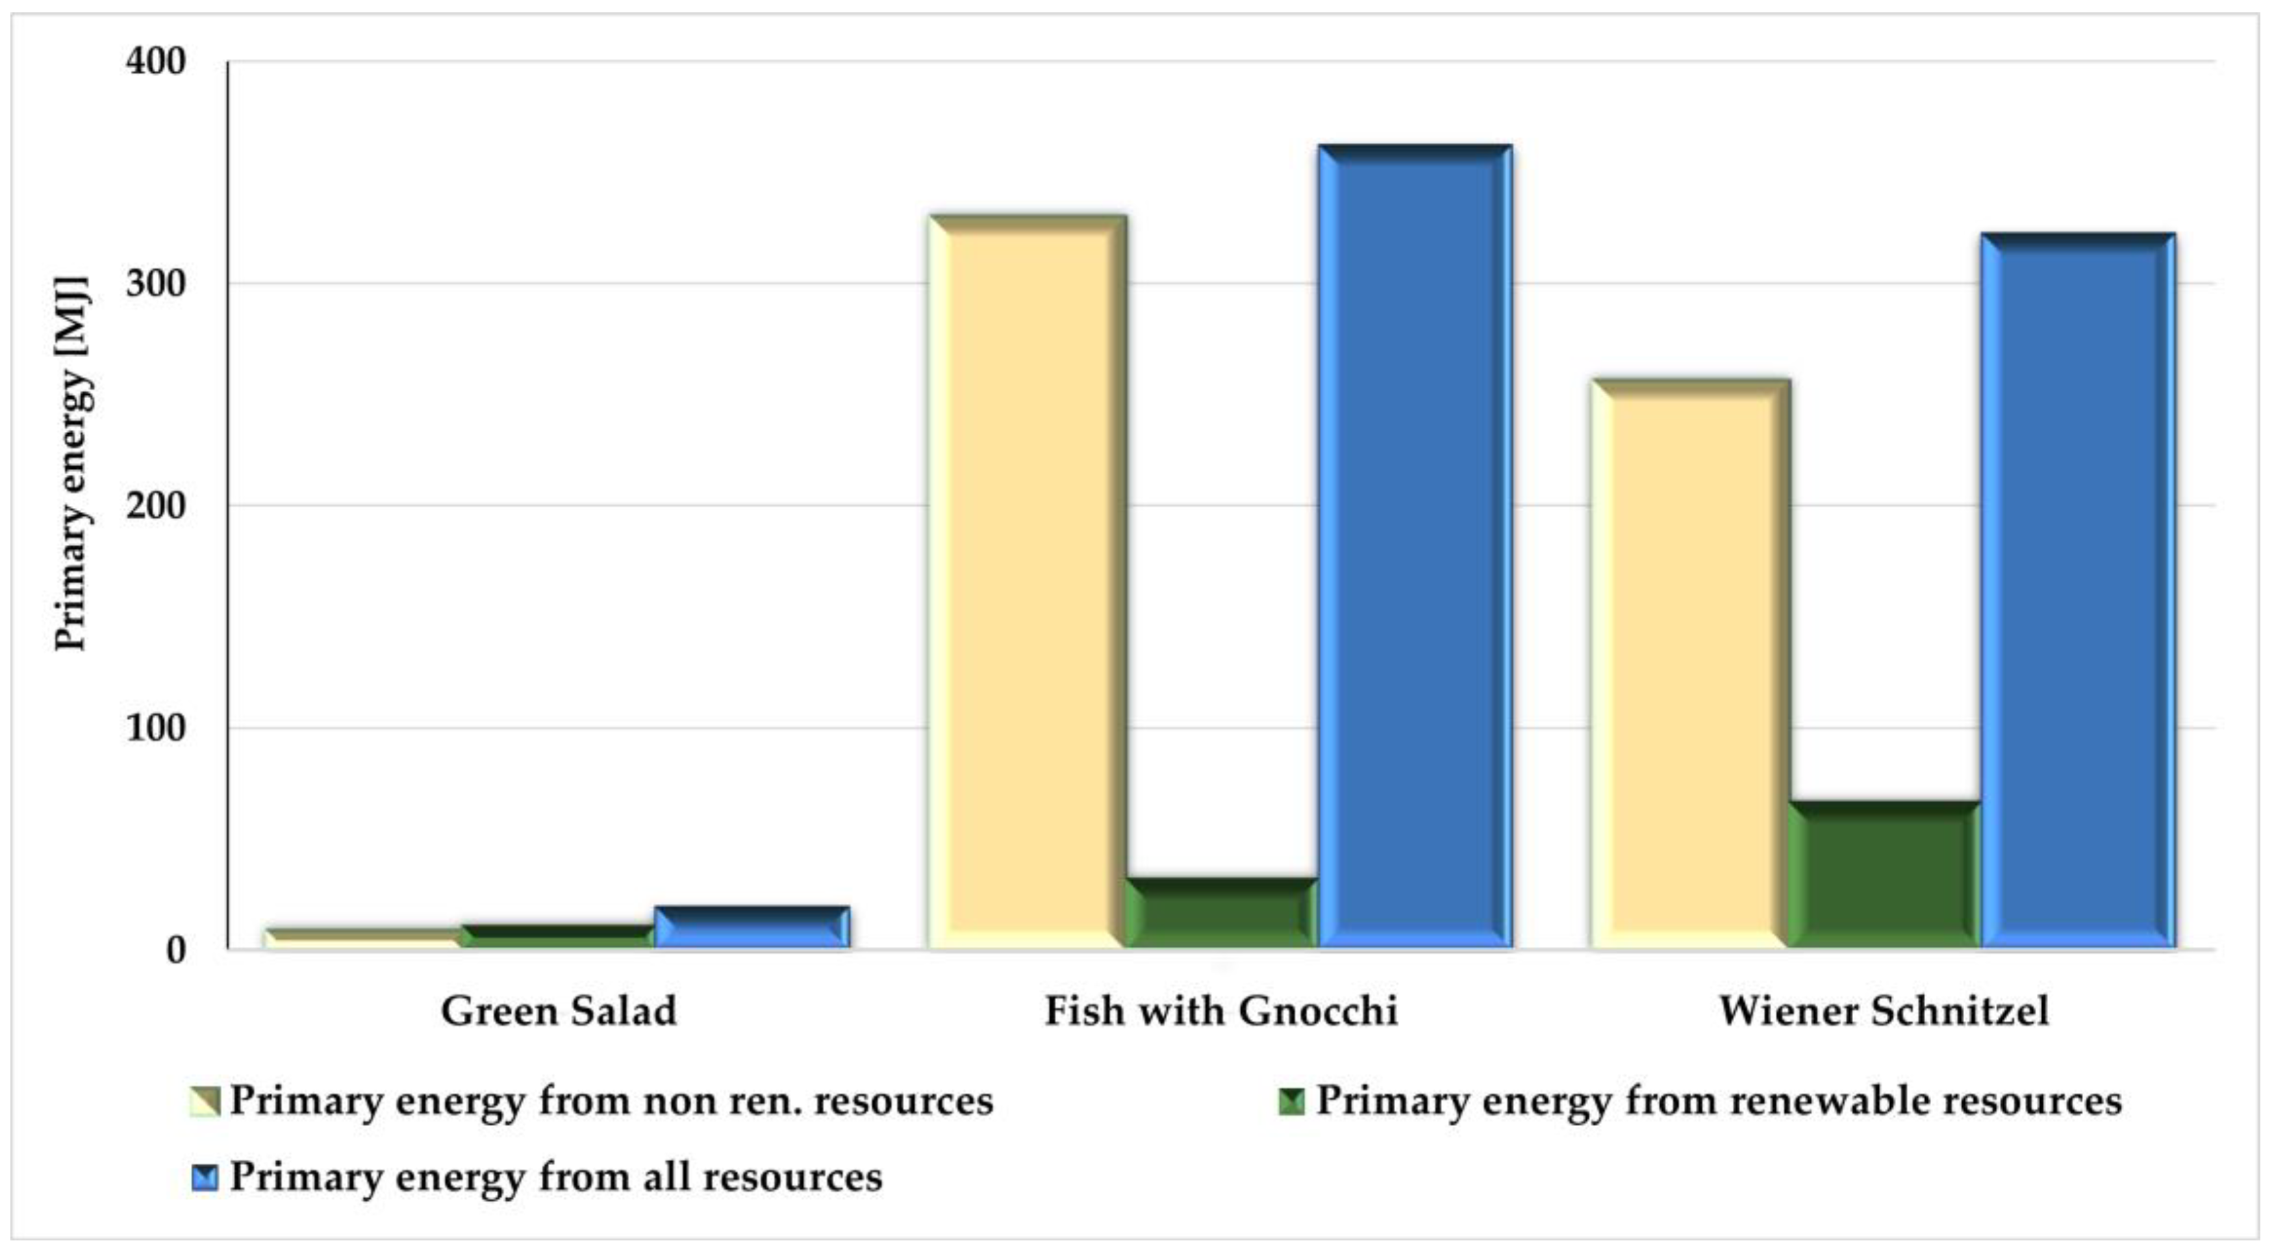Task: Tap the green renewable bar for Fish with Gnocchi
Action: pyautogui.click(x=1221, y=914)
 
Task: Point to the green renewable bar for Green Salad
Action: pyautogui.click(x=558, y=936)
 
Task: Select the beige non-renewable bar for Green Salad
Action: pyautogui.click(x=364, y=938)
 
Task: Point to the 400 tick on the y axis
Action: pyautogui.click(x=157, y=62)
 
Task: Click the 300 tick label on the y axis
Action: pyautogui.click(x=157, y=284)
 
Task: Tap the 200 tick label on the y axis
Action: pyautogui.click(x=157, y=506)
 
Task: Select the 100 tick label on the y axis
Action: pyautogui.click(x=157, y=728)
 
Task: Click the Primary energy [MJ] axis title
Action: pyautogui.click(x=71, y=464)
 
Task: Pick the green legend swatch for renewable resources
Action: pyautogui.click(x=1291, y=1101)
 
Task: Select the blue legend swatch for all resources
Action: pyautogui.click(x=205, y=1177)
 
